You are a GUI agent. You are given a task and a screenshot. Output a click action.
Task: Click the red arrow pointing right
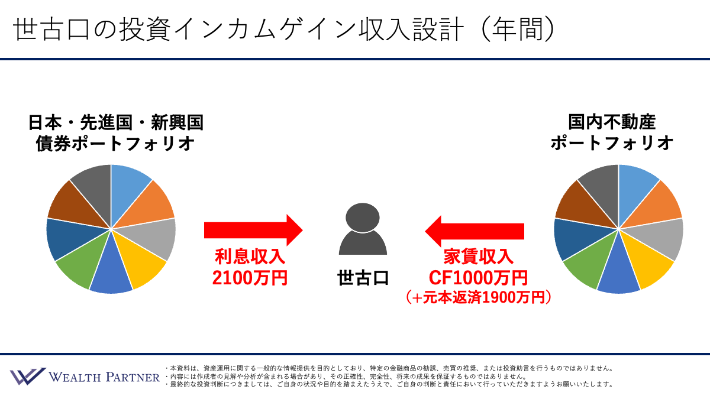pyautogui.click(x=253, y=230)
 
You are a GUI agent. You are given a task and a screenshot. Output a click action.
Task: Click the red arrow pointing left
pyautogui.click(x=475, y=231)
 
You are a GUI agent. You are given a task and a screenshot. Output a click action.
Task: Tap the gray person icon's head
pyautogui.click(x=363, y=218)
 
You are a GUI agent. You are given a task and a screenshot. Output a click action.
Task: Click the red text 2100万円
pyautogui.click(x=250, y=278)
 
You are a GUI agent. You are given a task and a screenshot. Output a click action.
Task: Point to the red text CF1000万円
pyautogui.click(x=478, y=278)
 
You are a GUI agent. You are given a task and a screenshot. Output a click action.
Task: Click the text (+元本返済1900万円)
pyautogui.click(x=478, y=297)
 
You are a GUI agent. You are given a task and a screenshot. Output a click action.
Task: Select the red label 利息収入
pyautogui.click(x=250, y=257)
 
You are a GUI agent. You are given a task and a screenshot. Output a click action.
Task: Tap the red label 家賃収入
pyautogui.click(x=478, y=257)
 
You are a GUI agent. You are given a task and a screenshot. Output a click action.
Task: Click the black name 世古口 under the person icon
pyautogui.click(x=363, y=278)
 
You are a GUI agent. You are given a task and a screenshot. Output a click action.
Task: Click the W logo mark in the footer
pyautogui.click(x=28, y=376)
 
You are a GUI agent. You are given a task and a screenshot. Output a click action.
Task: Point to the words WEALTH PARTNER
pyautogui.click(x=104, y=377)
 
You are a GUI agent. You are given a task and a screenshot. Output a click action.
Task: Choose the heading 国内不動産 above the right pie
pyautogui.click(x=612, y=122)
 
